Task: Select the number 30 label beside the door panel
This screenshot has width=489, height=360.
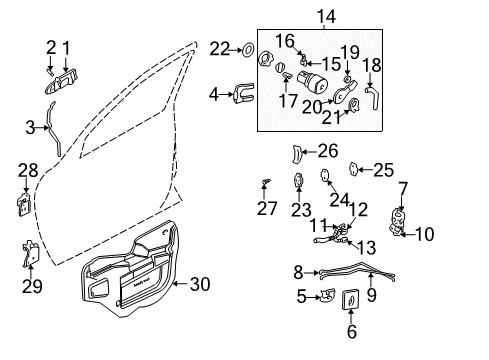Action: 200,284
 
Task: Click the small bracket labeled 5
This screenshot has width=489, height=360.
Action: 325,295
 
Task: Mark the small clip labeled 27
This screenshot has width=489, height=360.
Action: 266,182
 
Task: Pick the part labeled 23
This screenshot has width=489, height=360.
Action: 299,182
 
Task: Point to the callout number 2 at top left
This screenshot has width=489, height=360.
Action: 50,46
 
